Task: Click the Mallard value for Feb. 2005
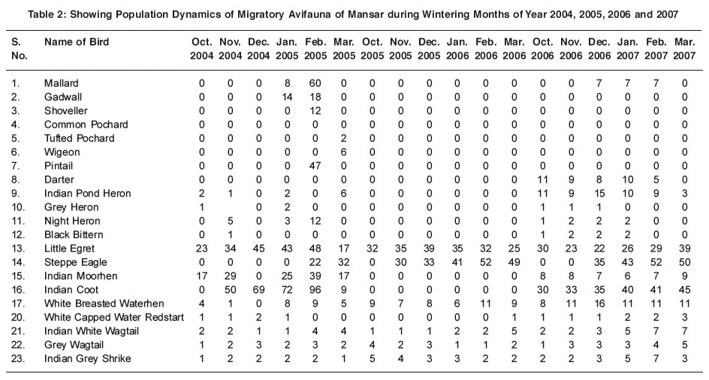[x=315, y=83]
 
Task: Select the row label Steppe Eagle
[x=76, y=262]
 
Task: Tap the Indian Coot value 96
[x=315, y=290]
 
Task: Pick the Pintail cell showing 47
[x=315, y=166]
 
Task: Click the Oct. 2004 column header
[x=202, y=49]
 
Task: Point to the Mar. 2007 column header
[x=684, y=49]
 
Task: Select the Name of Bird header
[x=77, y=42]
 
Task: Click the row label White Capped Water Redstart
[x=114, y=318]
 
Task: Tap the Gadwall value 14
[x=287, y=98]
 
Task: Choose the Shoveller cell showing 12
[x=315, y=111]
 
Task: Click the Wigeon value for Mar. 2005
[x=344, y=152]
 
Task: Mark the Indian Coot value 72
[x=287, y=290]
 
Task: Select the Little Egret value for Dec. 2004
[x=258, y=249]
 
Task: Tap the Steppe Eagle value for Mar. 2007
[x=684, y=262]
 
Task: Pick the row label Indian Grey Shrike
[x=88, y=359]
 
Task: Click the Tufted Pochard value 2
[x=344, y=138]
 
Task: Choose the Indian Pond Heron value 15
[x=599, y=194]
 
